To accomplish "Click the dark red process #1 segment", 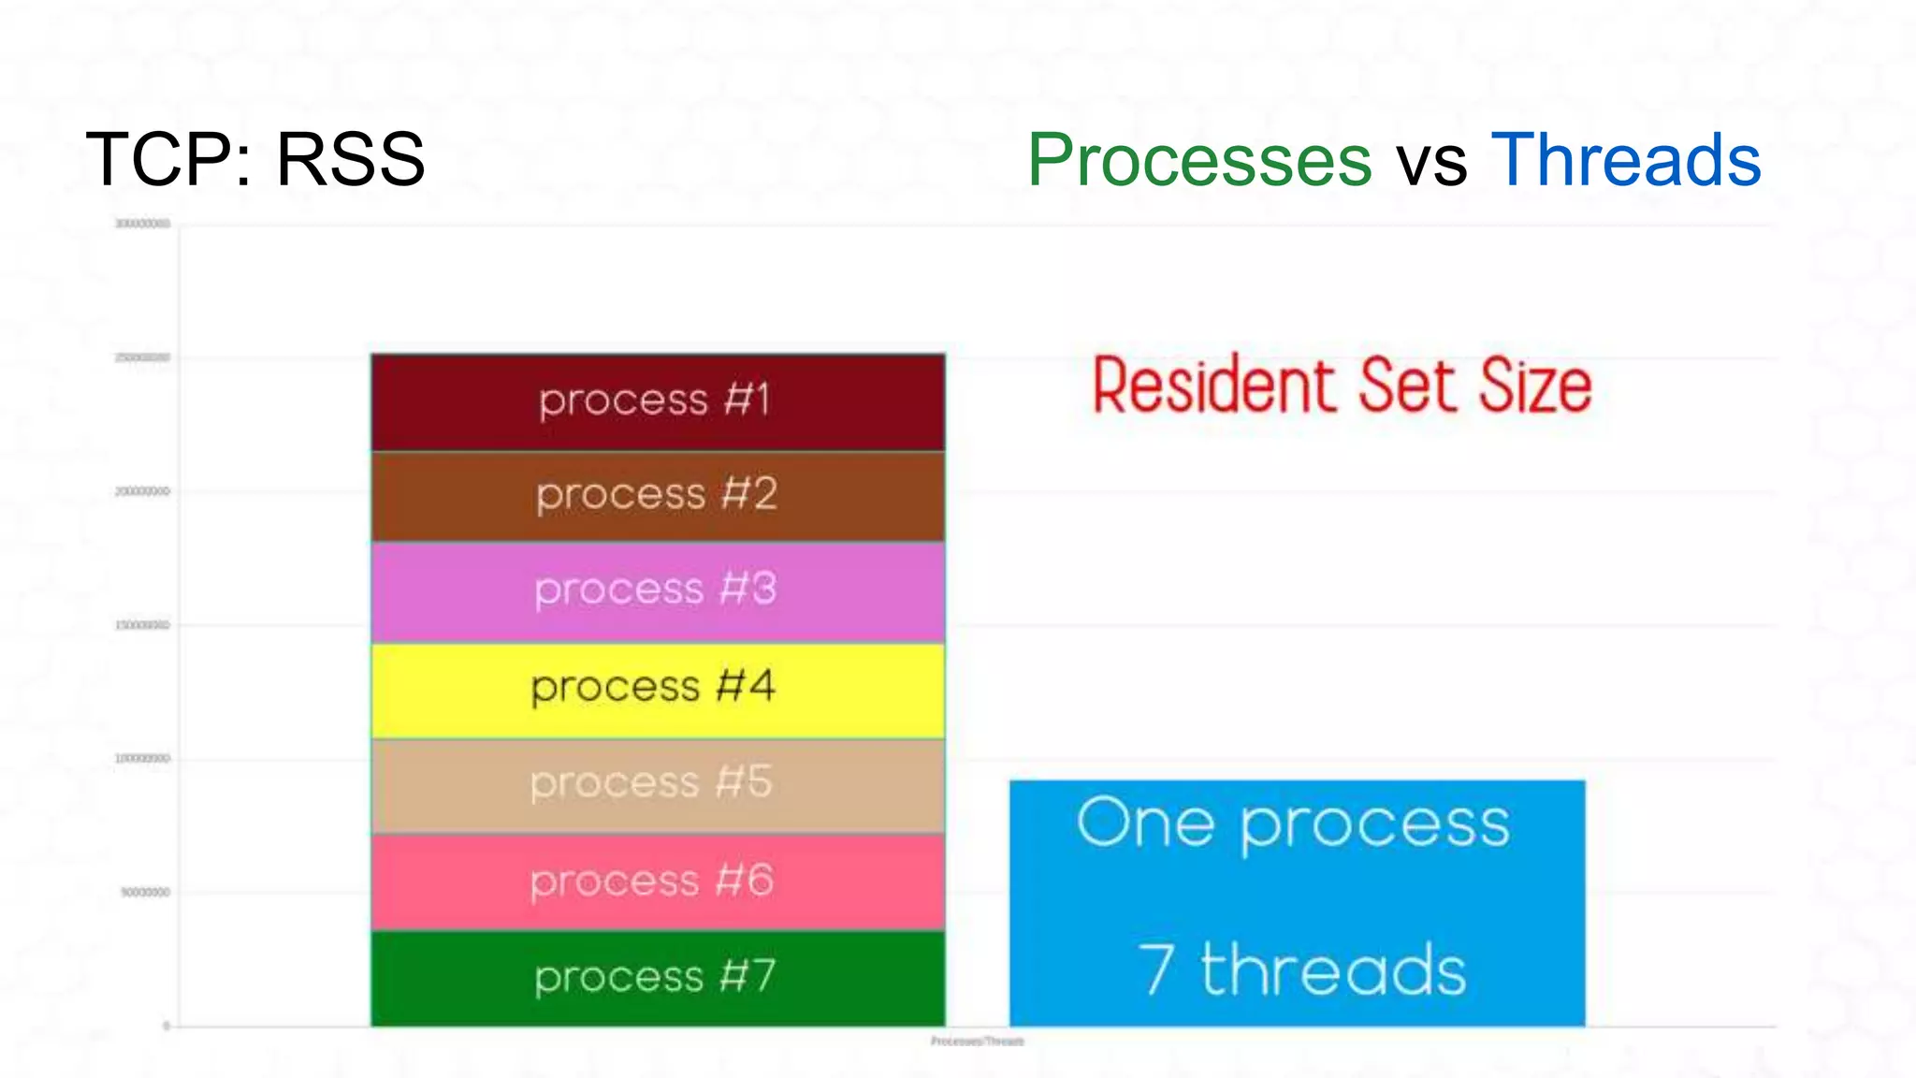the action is pyautogui.click(x=658, y=402).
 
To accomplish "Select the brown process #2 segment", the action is pyautogui.click(x=658, y=496).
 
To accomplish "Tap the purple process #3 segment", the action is pyautogui.click(x=658, y=591).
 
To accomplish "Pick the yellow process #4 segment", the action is pyautogui.click(x=658, y=690).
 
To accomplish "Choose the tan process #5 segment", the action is pyautogui.click(x=658, y=785).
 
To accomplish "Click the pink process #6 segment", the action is pyautogui.click(x=658, y=881).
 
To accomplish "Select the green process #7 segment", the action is pyautogui.click(x=658, y=978).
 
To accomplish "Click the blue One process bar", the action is pyautogui.click(x=1297, y=898).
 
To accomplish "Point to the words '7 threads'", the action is pyautogui.click(x=1301, y=970).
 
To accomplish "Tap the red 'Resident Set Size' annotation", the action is pyautogui.click(x=1342, y=385).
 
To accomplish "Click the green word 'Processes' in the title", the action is pyautogui.click(x=1199, y=160).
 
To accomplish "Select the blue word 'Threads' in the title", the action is pyautogui.click(x=1625, y=160).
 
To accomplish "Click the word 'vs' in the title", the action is pyautogui.click(x=1431, y=163).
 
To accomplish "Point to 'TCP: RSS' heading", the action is pyautogui.click(x=255, y=160).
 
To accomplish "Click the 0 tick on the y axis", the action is pyautogui.click(x=167, y=1027).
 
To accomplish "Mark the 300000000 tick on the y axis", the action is pyautogui.click(x=142, y=225).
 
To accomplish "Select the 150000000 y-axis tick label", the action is pyautogui.click(x=142, y=625).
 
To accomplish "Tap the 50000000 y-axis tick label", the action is pyautogui.click(x=145, y=893).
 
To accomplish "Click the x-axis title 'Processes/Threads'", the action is pyautogui.click(x=977, y=1042).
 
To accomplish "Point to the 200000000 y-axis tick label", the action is pyautogui.click(x=142, y=492).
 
